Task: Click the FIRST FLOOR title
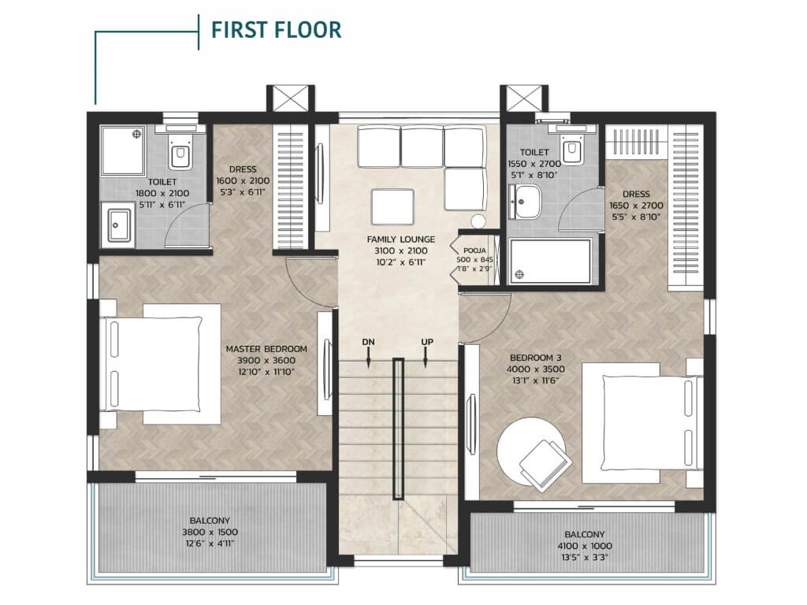pos(277,30)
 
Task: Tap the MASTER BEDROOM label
pos(266,349)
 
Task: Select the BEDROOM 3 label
pos(535,358)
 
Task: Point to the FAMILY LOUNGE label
pos(401,239)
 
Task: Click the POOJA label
pos(474,251)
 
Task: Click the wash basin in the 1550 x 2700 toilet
pos(525,202)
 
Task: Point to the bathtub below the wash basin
pos(550,262)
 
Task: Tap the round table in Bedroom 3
pos(530,451)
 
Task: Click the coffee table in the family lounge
pos(392,207)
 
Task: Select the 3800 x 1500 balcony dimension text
pos(210,532)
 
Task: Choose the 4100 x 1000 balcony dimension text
pos(585,546)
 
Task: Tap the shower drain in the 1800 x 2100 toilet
pos(136,134)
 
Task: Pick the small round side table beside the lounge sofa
pos(478,221)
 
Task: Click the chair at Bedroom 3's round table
pos(545,465)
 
